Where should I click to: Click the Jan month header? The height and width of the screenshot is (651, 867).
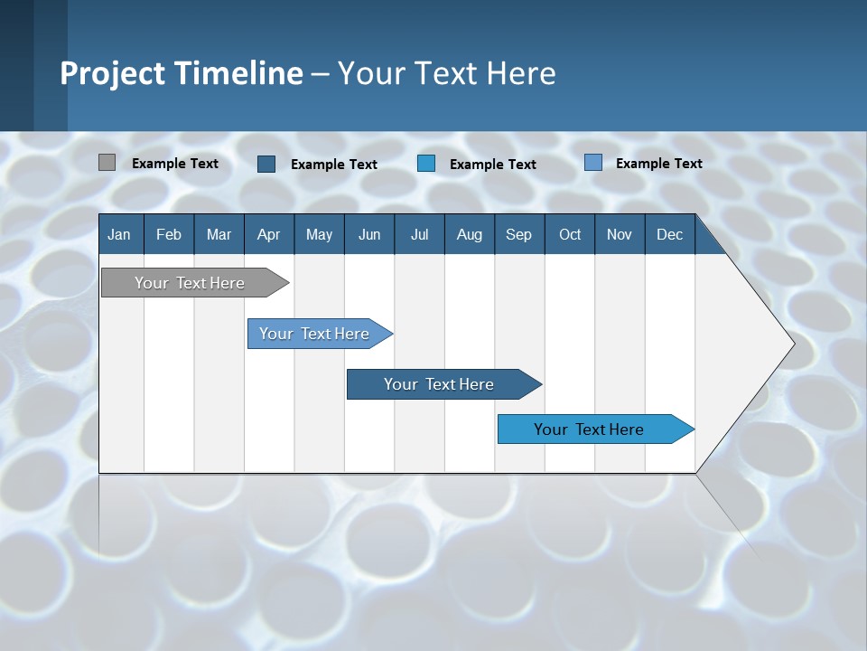(120, 235)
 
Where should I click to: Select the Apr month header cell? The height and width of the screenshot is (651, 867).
(269, 235)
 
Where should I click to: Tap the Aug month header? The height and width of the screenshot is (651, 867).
(469, 235)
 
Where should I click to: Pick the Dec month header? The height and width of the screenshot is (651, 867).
(669, 235)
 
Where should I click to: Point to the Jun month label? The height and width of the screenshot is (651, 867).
(369, 235)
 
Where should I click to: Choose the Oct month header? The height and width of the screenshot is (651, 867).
(569, 235)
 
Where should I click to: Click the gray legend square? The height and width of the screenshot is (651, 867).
(107, 163)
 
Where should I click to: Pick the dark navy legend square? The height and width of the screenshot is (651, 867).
(266, 164)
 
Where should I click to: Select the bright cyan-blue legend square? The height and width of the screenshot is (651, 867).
(426, 164)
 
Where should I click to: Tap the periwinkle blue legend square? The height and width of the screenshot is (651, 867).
(593, 163)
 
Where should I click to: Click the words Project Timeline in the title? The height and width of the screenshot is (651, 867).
(182, 73)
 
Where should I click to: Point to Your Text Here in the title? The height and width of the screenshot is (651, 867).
(447, 73)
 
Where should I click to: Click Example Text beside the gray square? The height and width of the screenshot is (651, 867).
(175, 164)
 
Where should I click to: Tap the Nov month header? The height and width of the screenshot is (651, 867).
(620, 235)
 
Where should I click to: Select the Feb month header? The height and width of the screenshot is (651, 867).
(169, 235)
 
